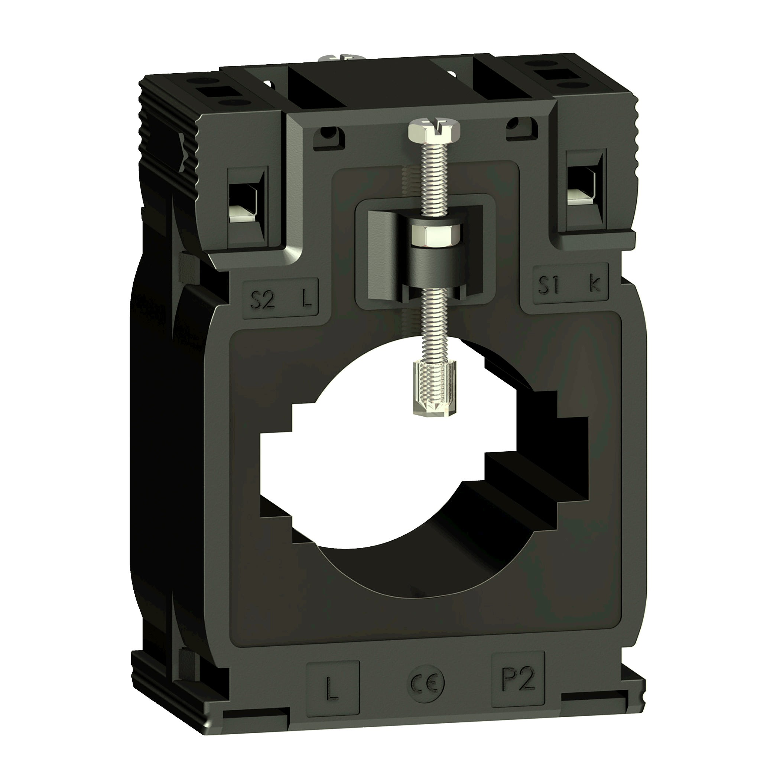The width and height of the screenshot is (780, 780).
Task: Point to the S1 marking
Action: coord(549,285)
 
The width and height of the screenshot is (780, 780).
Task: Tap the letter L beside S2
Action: coord(307,299)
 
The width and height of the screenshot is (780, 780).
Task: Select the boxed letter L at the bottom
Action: coord(332,689)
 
